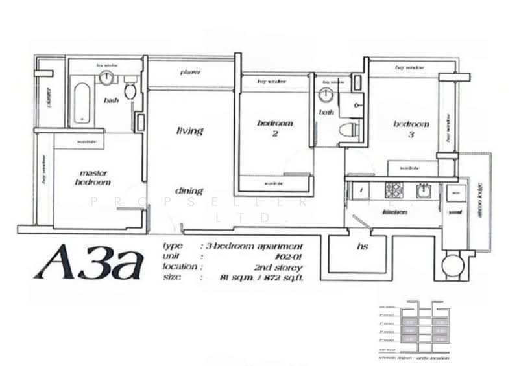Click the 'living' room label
pos(189,131)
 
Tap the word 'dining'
pos(189,191)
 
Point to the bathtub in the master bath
pos(80,101)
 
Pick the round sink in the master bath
pos(106,77)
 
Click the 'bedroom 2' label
pos(274,128)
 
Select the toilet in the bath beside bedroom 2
pos(350,128)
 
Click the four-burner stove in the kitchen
pos(394,190)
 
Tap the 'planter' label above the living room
pos(190,72)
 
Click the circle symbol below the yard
pos(452,264)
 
